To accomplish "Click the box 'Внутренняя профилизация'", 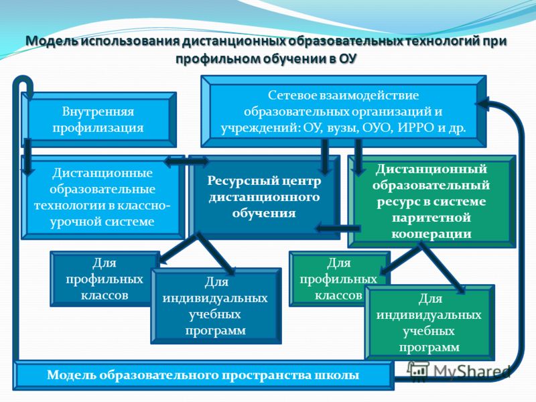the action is coord(98,119).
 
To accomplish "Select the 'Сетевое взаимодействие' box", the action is coord(344,111).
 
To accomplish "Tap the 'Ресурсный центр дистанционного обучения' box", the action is coord(264,197).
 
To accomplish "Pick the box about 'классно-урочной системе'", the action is coord(103,197).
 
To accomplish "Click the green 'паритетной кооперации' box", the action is coord(431,202).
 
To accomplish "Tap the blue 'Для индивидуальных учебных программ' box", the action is coord(216,306).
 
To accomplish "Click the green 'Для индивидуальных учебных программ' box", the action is coord(429,323).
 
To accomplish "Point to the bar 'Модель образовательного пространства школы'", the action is coord(204,375).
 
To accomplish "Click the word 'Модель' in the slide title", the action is coord(52,41).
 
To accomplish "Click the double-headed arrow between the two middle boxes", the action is coord(186,161).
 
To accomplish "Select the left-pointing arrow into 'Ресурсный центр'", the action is coord(338,228).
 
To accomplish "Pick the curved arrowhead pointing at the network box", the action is coord(482,103).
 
